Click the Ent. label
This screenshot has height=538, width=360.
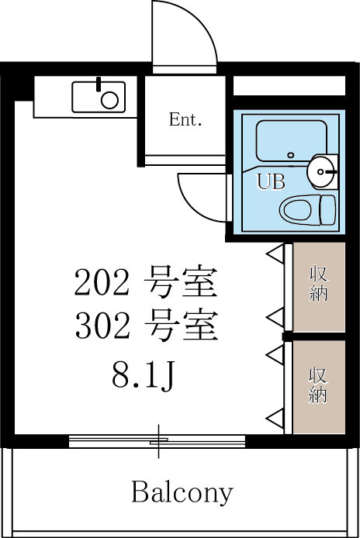[185, 119]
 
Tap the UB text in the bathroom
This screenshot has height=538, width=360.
[271, 182]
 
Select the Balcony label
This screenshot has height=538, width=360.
[182, 493]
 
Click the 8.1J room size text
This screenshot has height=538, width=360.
[144, 376]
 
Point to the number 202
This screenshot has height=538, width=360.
[102, 282]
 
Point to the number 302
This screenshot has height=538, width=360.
[102, 325]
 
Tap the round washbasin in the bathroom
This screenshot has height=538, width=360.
[321, 171]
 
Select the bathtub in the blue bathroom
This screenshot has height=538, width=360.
[291, 141]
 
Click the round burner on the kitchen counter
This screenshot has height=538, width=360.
[109, 100]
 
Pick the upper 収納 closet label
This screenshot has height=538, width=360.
[318, 284]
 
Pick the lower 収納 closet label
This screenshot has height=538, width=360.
[318, 385]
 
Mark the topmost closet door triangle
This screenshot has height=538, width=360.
[275, 254]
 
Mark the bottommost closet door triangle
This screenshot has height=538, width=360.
[275, 419]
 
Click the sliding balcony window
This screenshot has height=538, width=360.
[157, 441]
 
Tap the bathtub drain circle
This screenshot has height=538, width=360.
[291, 155]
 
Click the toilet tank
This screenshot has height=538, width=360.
[327, 210]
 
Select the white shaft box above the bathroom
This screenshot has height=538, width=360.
[289, 85]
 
